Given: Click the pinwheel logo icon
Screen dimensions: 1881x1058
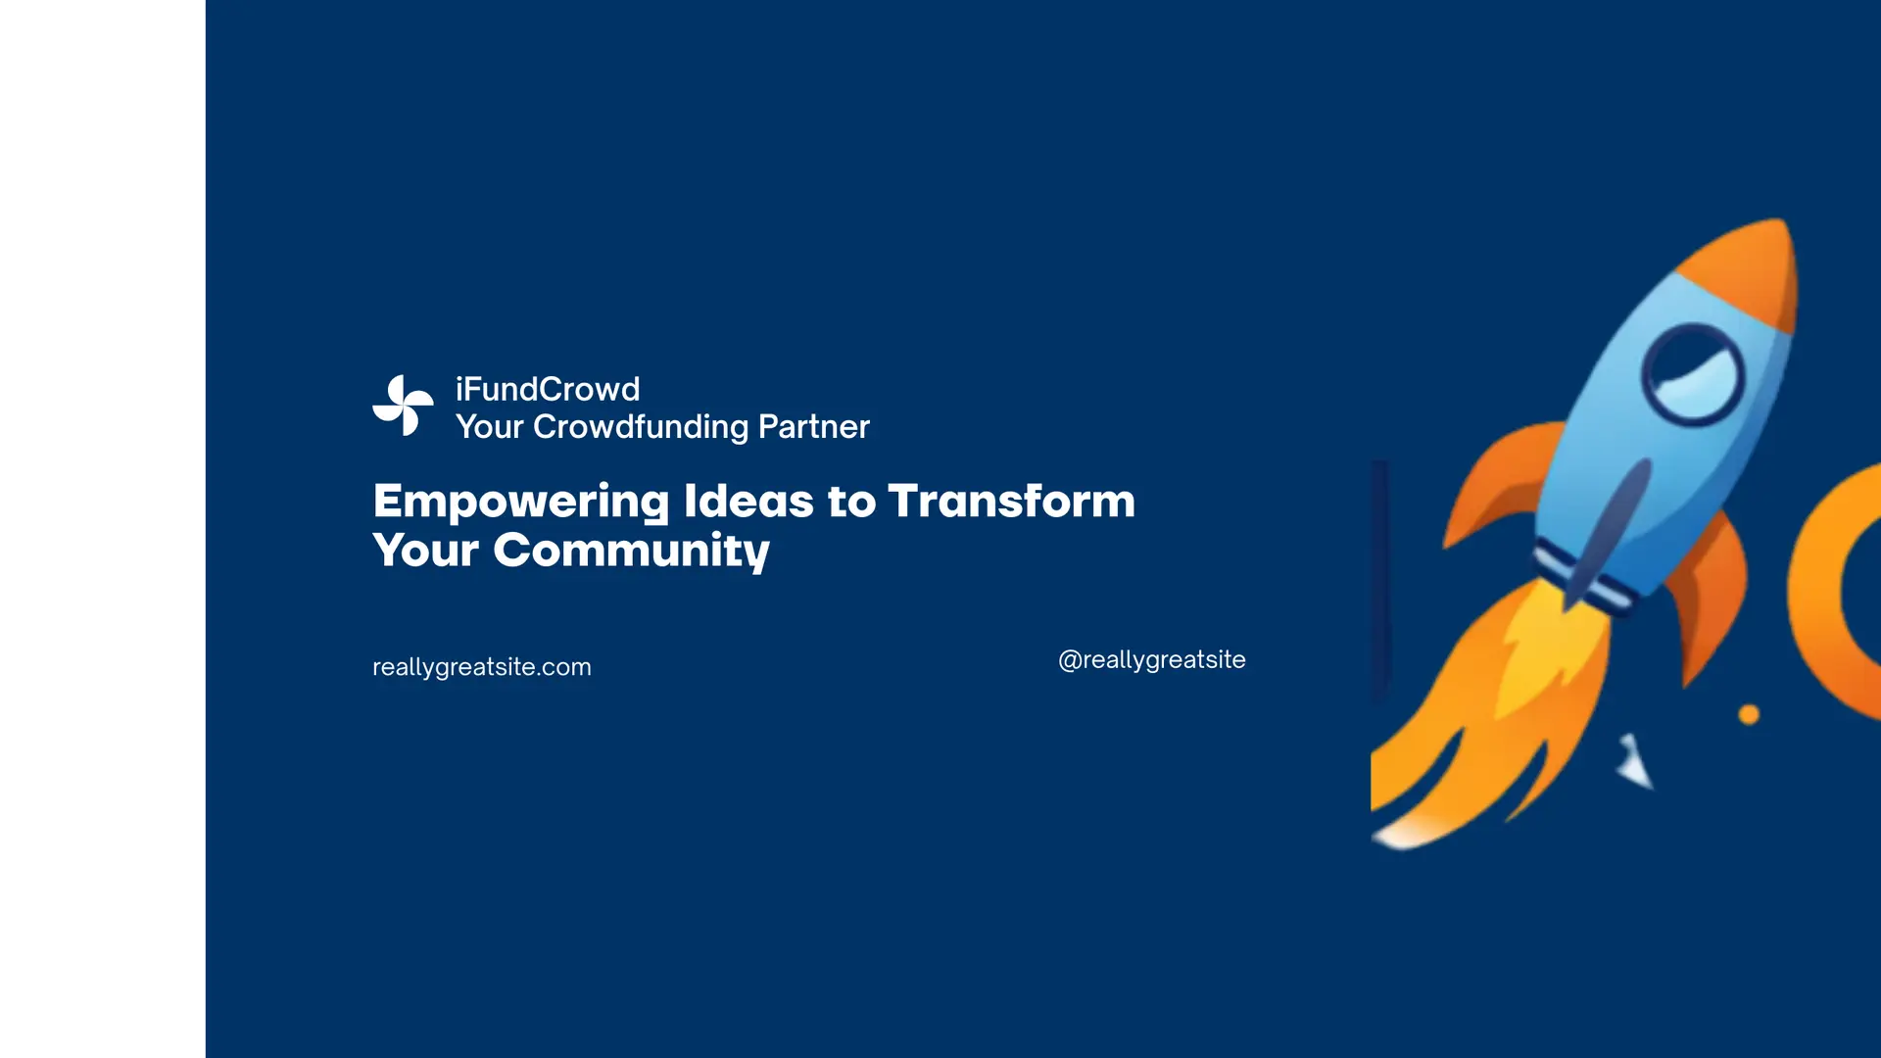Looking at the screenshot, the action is (x=403, y=406).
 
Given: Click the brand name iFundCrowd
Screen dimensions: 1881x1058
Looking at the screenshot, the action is (x=548, y=389).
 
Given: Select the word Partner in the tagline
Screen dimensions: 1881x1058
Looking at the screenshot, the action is (x=814, y=427).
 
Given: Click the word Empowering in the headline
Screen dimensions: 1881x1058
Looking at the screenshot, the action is (x=521, y=502).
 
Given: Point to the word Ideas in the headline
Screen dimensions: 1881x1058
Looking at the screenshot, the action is (x=748, y=501).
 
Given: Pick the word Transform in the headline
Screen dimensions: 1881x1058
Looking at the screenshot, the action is (x=1012, y=501).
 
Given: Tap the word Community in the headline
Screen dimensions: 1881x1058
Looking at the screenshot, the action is (x=632, y=551).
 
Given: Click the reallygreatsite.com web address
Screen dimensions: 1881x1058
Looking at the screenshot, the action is (x=482, y=667).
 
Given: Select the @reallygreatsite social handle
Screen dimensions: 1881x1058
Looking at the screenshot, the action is (x=1152, y=660).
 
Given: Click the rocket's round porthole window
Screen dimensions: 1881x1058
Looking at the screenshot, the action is (x=1692, y=374).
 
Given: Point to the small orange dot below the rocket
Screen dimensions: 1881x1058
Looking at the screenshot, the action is (x=1749, y=714).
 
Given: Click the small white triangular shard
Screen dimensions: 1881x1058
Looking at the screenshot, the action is (x=1634, y=762).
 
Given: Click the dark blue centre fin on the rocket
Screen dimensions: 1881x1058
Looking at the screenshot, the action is (x=1607, y=529).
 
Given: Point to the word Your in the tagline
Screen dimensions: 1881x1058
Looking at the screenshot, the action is (x=490, y=427).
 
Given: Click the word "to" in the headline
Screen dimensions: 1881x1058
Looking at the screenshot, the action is (x=851, y=502).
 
